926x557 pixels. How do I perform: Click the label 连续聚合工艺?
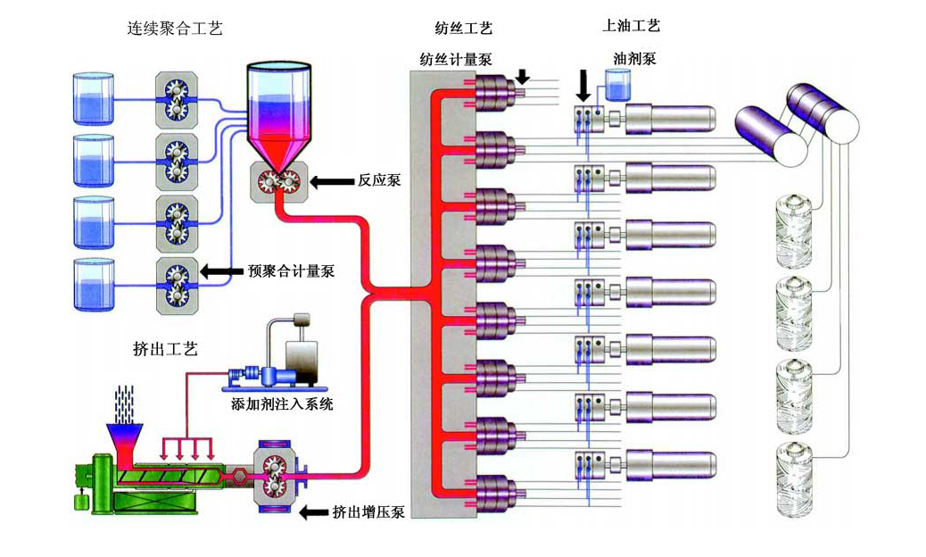174,29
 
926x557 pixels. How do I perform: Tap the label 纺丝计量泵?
456,59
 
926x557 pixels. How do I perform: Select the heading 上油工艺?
632,27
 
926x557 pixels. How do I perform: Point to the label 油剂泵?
635,58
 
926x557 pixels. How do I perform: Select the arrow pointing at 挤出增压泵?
313,512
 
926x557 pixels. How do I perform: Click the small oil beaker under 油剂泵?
616,86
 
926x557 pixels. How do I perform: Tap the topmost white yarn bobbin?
795,224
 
